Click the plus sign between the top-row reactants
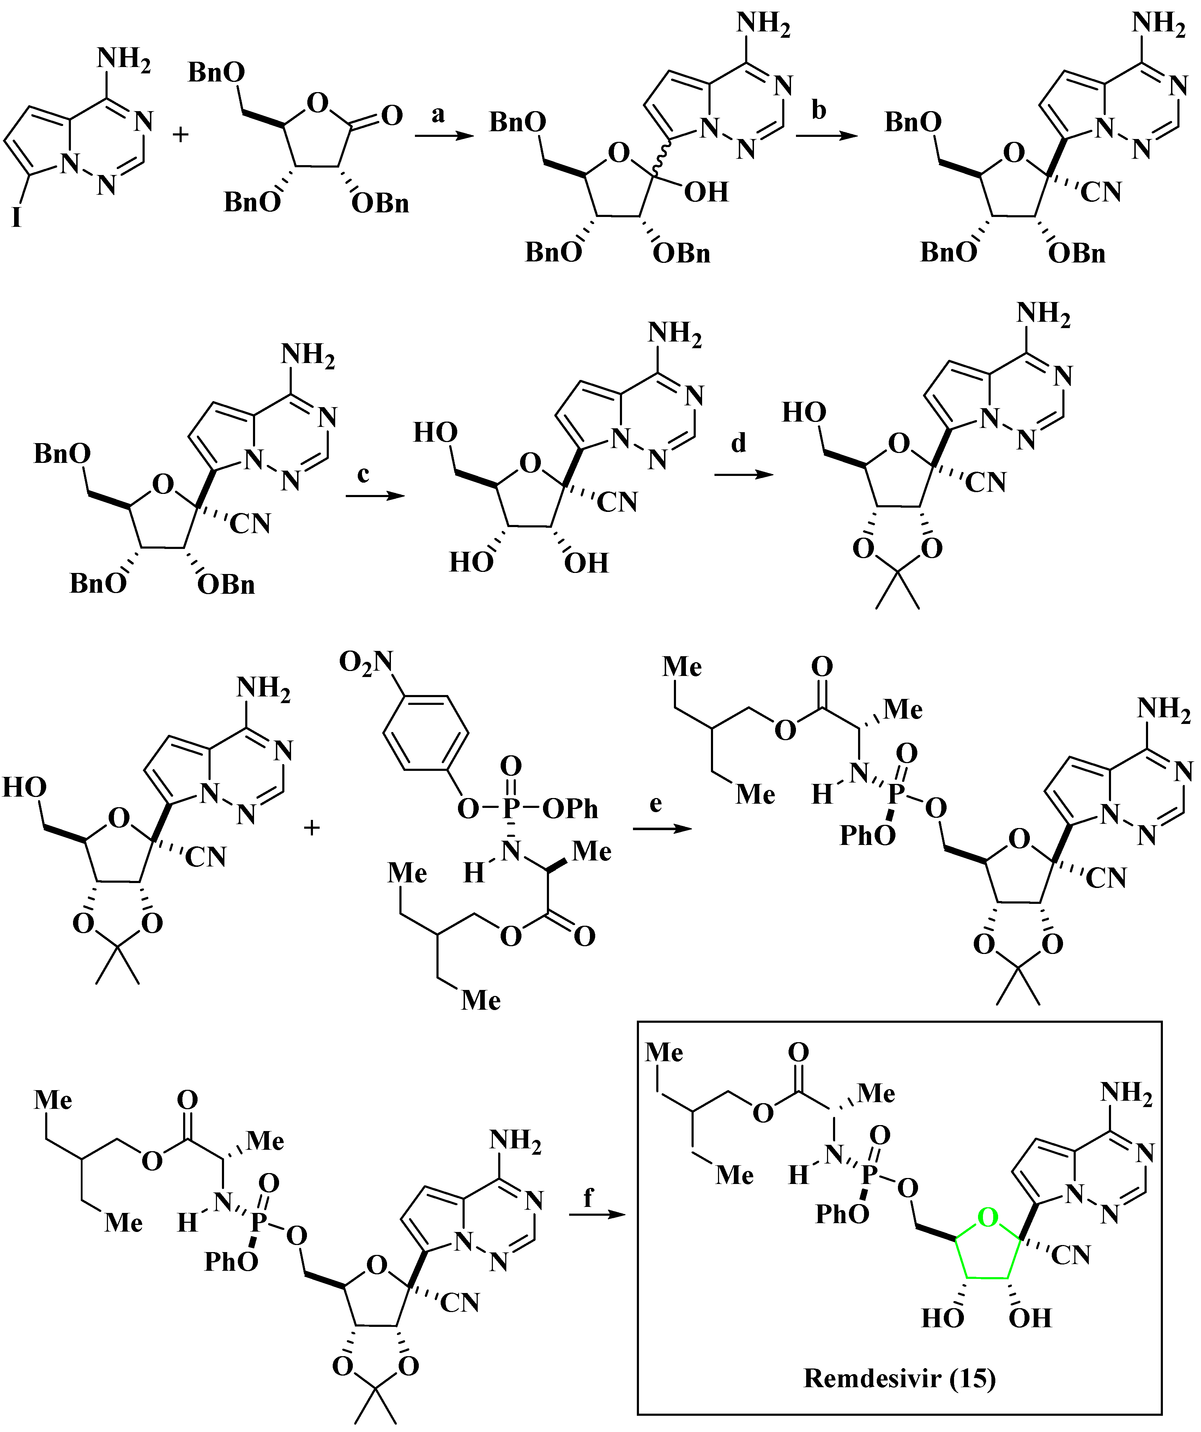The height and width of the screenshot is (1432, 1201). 180,134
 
